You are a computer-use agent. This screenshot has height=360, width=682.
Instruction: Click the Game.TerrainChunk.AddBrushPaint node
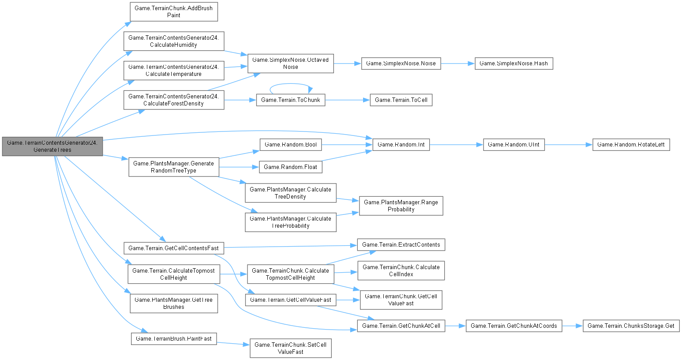tap(173, 11)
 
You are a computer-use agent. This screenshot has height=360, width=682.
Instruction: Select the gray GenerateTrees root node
tap(52, 146)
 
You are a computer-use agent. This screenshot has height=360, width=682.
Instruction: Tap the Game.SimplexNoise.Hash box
tap(513, 64)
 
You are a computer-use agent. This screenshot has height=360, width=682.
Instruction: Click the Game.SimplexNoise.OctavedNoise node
tap(290, 64)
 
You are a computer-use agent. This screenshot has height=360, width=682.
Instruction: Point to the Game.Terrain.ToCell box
tap(401, 100)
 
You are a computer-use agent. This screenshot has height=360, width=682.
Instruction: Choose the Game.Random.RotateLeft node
tap(631, 145)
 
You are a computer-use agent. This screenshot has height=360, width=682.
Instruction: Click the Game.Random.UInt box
tap(513, 145)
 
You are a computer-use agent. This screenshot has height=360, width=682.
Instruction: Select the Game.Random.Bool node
tap(290, 145)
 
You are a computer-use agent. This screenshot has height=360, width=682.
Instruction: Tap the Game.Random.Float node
tap(290, 167)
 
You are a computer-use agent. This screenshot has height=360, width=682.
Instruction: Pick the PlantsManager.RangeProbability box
tap(401, 206)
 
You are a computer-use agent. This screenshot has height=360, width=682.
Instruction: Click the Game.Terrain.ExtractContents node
tap(401, 245)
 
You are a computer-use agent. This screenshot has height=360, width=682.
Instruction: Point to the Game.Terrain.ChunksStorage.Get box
tap(631, 326)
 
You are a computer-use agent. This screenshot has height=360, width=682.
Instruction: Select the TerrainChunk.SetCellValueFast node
tap(290, 348)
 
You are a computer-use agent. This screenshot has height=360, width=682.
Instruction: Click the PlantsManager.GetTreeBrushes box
tap(173, 304)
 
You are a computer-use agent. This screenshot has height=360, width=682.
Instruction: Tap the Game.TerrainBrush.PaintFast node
tap(173, 339)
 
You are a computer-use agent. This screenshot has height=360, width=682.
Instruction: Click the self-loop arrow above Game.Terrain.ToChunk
tap(290, 84)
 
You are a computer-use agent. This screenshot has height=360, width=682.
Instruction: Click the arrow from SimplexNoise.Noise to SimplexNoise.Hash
tap(457, 64)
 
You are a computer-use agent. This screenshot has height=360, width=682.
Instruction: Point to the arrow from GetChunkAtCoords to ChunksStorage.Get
tap(572, 326)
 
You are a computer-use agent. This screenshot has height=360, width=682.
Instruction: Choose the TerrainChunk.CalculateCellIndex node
tap(401, 270)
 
